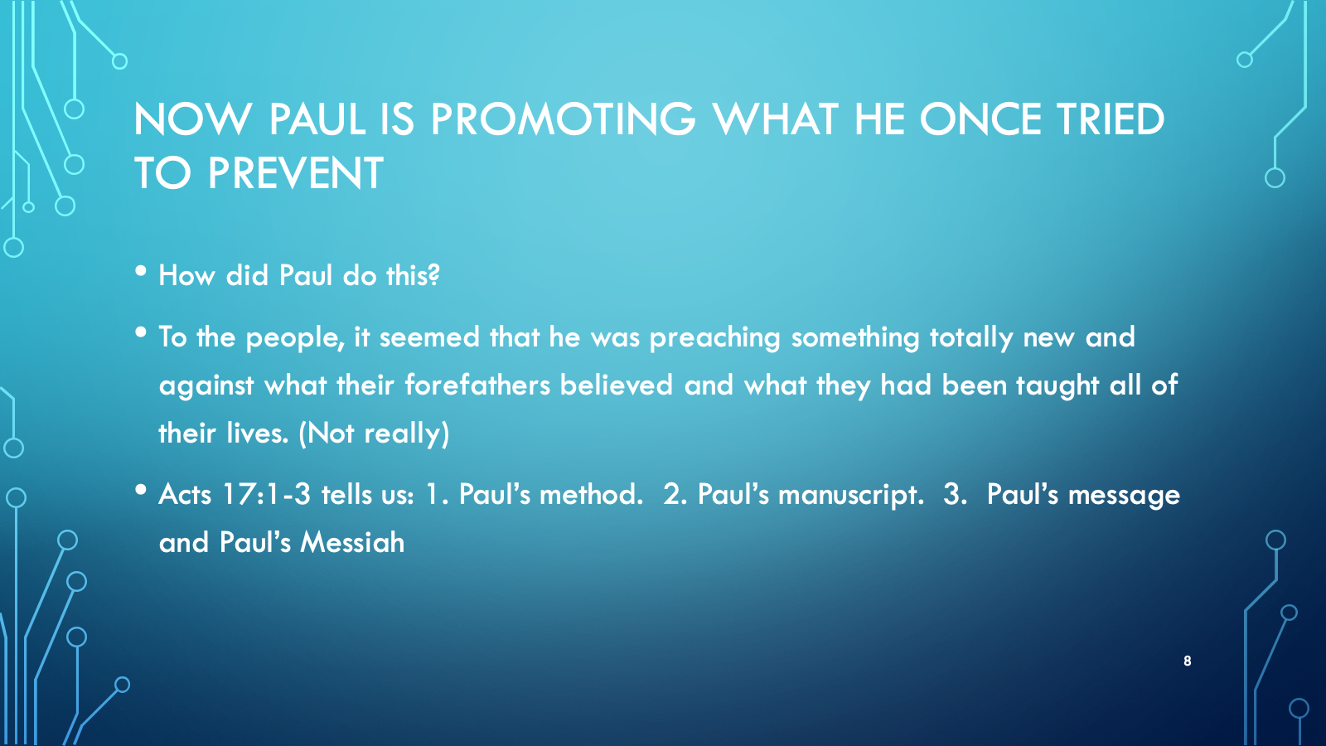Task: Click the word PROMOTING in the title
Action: [563, 119]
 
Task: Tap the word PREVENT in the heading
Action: [295, 173]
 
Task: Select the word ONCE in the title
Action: [980, 119]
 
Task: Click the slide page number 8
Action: [1187, 661]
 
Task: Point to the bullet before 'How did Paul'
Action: [141, 271]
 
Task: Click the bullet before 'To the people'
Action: [141, 332]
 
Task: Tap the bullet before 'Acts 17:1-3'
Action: [141, 490]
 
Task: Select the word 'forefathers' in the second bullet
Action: [477, 385]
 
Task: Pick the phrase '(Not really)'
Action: [374, 434]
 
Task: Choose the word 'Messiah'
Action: [353, 542]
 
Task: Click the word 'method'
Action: [592, 494]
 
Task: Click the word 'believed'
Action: [617, 385]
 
